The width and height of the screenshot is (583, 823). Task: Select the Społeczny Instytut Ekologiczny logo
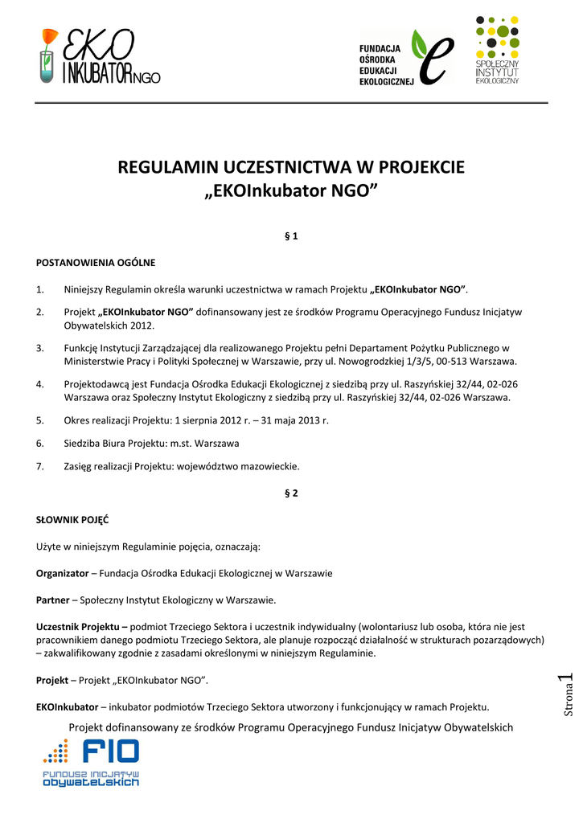pos(497,50)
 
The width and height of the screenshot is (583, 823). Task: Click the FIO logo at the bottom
pos(91,762)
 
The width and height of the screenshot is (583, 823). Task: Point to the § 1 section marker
pos(291,236)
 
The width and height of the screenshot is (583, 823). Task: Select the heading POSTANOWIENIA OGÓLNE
pos(96,262)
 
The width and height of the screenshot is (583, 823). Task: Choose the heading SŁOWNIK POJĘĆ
pos(72,519)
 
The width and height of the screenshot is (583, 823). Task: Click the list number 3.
pos(40,348)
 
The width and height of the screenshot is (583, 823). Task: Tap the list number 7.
pos(40,466)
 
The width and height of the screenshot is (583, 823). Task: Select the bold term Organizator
pos(63,573)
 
